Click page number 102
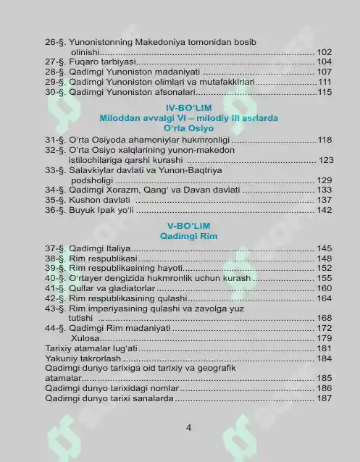coord(325,52)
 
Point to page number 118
coord(325,140)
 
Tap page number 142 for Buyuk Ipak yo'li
coord(325,210)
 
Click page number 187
coord(325,398)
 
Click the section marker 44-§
coord(55,328)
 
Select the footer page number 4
coord(188,427)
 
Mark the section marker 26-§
coord(55,42)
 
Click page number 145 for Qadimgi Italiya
coord(325,248)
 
